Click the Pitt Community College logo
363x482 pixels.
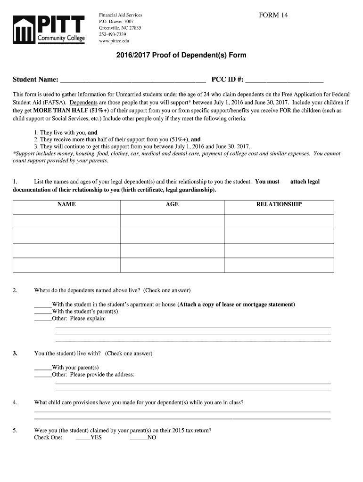[49, 28]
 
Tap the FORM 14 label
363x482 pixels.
[273, 15]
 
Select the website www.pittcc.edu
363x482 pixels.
[114, 41]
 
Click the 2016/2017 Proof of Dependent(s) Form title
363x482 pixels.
[181, 55]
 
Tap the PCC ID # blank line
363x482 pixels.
[284, 79]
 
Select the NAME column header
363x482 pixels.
[66, 204]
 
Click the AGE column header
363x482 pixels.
[172, 204]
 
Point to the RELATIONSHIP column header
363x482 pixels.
[279, 204]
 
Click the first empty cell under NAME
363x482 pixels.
[66, 222]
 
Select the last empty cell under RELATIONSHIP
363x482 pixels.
[279, 265]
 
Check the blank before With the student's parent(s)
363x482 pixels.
[43, 312]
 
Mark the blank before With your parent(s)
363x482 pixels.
[43, 368]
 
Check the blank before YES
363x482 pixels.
[83, 438]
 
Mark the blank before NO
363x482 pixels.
[139, 438]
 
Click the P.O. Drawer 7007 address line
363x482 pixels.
[116, 22]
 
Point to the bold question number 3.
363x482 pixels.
[15, 353]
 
